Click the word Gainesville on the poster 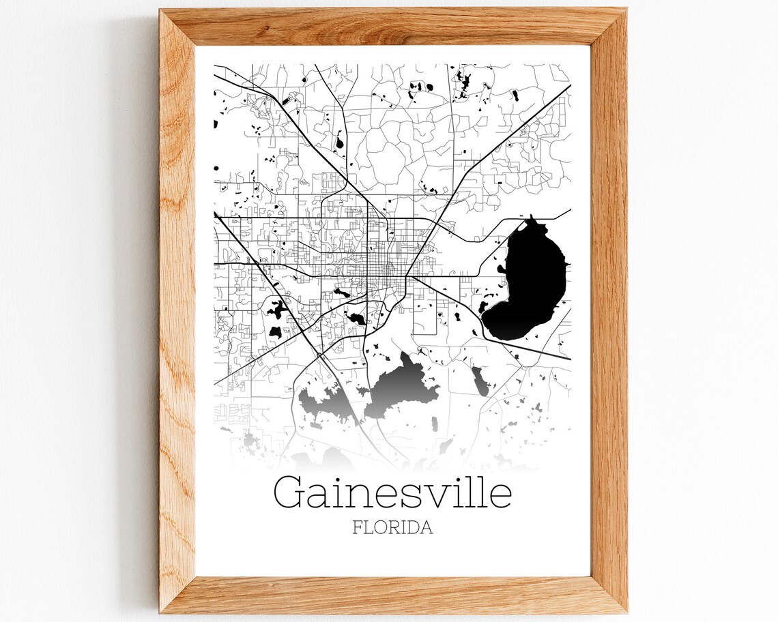(x=392, y=492)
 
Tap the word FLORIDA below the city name (x=392, y=528)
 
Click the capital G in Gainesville (x=291, y=492)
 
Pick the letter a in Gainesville (x=320, y=497)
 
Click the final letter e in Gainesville (x=500, y=497)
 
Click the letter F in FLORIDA (x=357, y=528)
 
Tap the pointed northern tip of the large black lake (x=530, y=218)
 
